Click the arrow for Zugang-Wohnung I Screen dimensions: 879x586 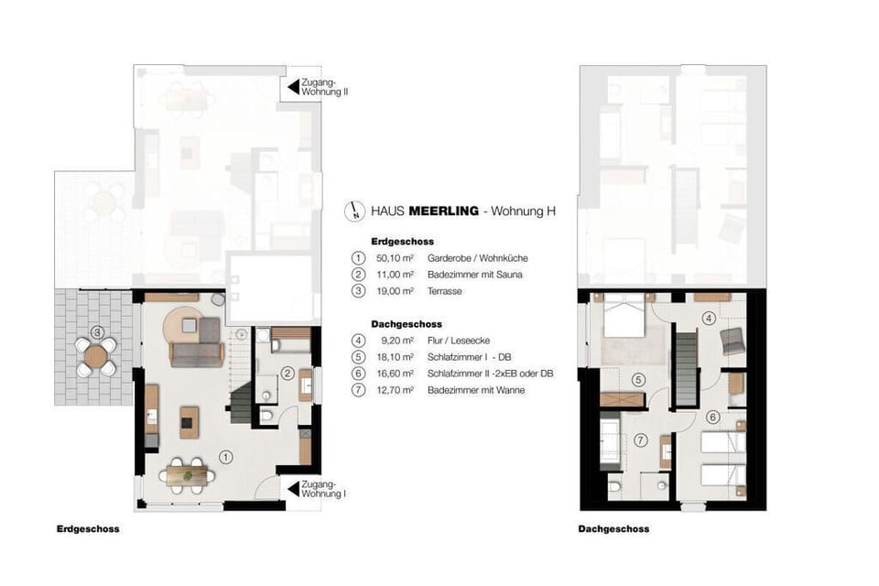[x=293, y=488]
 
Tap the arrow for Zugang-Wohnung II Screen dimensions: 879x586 [x=293, y=87]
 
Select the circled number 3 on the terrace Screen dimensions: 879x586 [x=98, y=332]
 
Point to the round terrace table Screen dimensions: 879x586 [x=96, y=356]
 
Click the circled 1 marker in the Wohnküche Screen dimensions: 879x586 [x=225, y=458]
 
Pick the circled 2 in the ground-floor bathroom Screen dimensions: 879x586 [x=287, y=374]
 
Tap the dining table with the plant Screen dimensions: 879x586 [x=187, y=474]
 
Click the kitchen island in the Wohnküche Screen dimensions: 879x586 [x=190, y=422]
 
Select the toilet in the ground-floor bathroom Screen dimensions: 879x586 [x=266, y=416]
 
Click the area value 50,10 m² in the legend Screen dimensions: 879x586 [x=396, y=258]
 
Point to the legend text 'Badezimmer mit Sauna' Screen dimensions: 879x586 [x=475, y=274]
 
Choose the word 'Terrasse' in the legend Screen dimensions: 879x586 [x=445, y=291]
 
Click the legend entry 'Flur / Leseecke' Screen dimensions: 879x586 [x=459, y=341]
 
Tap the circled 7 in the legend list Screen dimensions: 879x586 [x=358, y=390]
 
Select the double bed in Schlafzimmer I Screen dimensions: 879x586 [x=624, y=315]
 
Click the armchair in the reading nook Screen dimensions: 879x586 [x=732, y=341]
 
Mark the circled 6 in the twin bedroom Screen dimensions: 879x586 [x=713, y=418]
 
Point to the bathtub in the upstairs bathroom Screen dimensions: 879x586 [x=609, y=441]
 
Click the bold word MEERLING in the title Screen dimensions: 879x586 [x=443, y=211]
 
